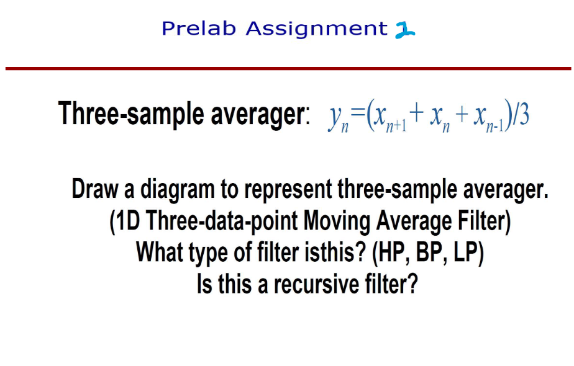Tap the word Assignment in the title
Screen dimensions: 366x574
pos(316,29)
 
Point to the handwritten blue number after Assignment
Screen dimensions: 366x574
pos(406,29)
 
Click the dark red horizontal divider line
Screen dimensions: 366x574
pos(287,68)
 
